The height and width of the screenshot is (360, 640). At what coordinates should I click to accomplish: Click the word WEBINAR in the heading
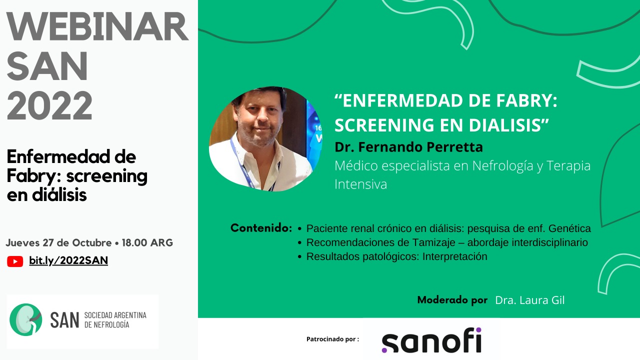(97, 27)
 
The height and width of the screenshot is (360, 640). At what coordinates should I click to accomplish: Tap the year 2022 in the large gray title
(49, 105)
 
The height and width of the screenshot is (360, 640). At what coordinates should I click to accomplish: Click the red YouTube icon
(15, 261)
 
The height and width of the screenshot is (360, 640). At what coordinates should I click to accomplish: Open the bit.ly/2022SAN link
(68, 260)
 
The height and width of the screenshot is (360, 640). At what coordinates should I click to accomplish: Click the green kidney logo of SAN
(25, 319)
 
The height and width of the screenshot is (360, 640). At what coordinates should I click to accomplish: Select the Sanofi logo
(431, 340)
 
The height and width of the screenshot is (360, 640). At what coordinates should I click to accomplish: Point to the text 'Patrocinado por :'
(332, 339)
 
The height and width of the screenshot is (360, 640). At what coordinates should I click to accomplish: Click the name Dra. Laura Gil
(529, 300)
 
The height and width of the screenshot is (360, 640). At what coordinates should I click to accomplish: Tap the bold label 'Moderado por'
(452, 300)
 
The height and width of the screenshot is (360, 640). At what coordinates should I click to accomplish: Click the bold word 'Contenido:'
(261, 228)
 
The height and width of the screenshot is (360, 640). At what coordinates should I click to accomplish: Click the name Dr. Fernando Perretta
(408, 147)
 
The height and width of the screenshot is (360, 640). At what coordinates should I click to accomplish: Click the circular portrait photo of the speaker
(265, 139)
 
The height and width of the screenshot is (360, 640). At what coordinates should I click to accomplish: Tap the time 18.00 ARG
(147, 243)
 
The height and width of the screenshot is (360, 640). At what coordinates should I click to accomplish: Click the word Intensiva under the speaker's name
(360, 184)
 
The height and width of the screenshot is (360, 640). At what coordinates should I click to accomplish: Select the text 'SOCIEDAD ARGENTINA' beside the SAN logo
(115, 315)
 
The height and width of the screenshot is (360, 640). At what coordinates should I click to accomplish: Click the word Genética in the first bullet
(569, 228)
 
